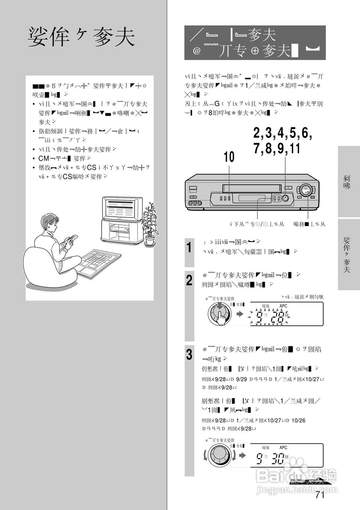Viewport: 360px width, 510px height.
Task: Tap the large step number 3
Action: point(190,354)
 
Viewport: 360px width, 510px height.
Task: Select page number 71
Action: point(320,495)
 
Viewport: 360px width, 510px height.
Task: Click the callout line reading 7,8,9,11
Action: point(276,148)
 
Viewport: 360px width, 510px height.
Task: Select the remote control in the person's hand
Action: point(73,239)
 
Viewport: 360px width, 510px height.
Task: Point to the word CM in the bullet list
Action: point(43,159)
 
